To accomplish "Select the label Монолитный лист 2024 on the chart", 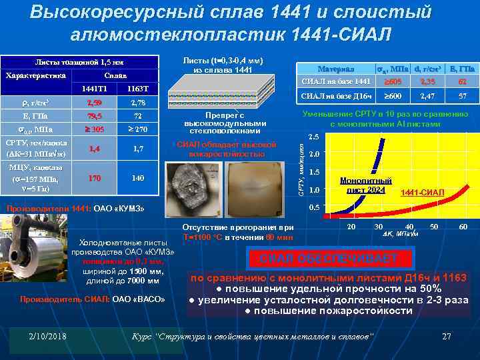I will tap(366, 185).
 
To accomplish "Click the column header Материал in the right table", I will tap(336, 69).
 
